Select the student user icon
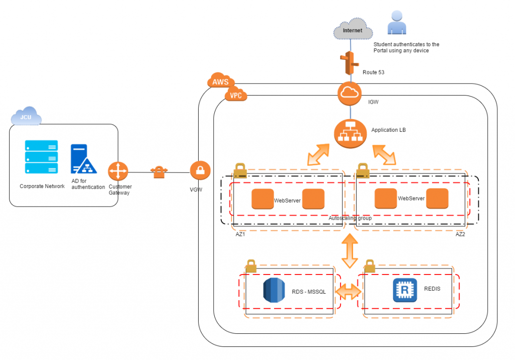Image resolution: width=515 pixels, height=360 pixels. tap(397, 22)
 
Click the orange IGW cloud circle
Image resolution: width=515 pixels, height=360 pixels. tap(350, 94)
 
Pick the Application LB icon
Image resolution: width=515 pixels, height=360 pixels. tap(350, 134)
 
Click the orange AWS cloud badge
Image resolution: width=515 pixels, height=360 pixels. tap(221, 80)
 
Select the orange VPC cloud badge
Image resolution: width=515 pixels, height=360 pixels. tap(235, 94)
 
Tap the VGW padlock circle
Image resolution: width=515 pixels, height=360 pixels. tap(200, 170)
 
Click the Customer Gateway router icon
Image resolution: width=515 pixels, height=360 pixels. tap(118, 171)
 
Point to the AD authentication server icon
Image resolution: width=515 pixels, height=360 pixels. tap(83, 159)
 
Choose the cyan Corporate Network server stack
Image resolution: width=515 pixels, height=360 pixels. tap(41, 157)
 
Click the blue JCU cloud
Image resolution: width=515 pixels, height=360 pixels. tap(26, 116)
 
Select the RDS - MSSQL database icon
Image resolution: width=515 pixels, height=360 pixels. tap(274, 290)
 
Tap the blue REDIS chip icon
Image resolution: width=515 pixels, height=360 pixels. tap(405, 290)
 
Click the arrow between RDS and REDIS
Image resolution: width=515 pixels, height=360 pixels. tap(348, 291)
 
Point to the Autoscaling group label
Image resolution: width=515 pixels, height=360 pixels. tap(350, 218)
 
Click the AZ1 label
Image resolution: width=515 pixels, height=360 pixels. tap(240, 234)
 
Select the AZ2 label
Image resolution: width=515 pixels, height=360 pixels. tap(460, 234)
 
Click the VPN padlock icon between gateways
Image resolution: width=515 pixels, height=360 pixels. tap(159, 172)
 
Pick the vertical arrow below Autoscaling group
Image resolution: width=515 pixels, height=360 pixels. tap(350, 251)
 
